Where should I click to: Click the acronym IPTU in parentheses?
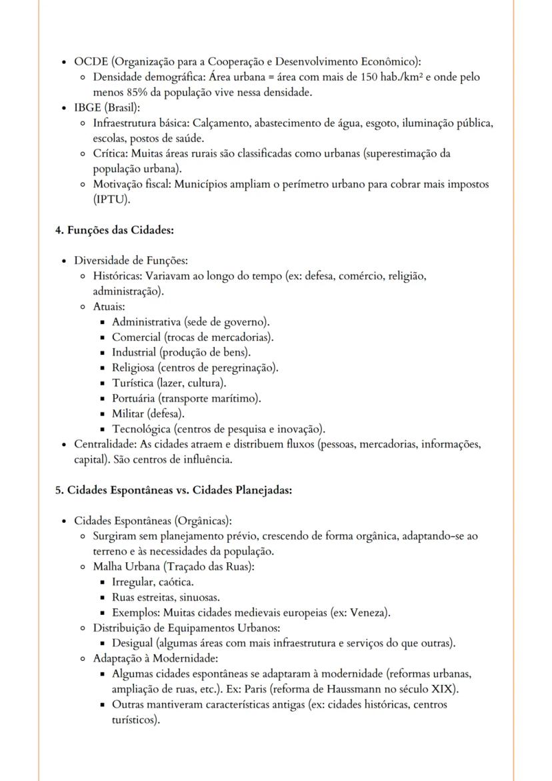111,199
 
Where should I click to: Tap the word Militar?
127,414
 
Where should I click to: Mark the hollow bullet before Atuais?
82,307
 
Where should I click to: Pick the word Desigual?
132,644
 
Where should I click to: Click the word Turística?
132,383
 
